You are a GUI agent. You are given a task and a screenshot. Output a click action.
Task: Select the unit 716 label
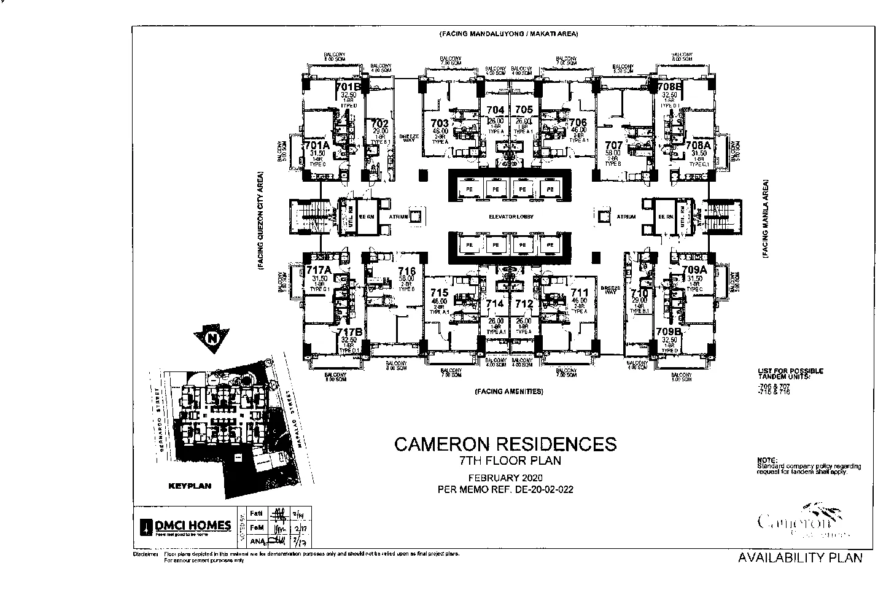click(x=406, y=271)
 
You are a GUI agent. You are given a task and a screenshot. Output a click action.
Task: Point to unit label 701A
click(x=317, y=146)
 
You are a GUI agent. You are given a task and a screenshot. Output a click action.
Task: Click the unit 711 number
click(x=579, y=293)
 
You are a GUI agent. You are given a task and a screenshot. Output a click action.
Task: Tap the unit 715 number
click(x=440, y=293)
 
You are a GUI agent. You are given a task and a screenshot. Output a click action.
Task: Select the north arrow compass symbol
click(x=211, y=338)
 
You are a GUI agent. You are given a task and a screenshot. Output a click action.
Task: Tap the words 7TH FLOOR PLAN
click(x=505, y=460)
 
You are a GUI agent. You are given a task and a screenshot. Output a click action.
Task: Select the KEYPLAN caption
click(x=190, y=486)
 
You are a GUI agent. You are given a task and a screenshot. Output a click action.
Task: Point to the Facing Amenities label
click(x=508, y=391)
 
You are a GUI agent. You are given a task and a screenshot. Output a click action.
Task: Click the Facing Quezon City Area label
click(x=260, y=221)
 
